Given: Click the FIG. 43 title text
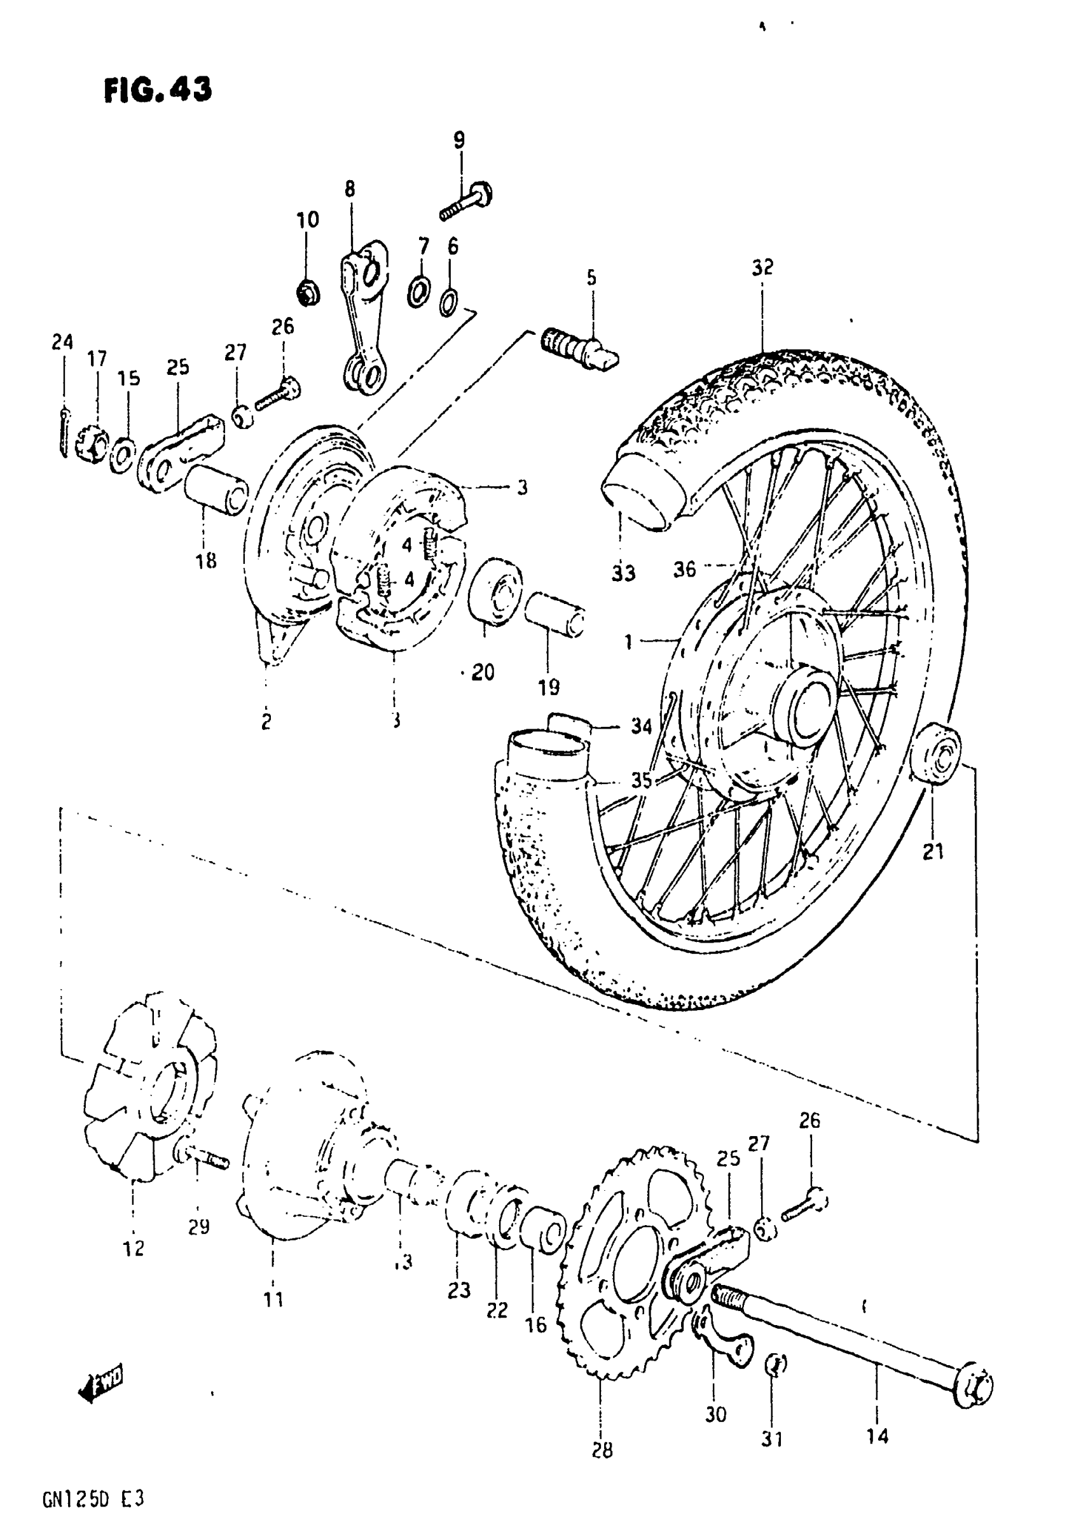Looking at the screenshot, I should (158, 90).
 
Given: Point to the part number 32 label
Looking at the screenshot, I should (762, 268).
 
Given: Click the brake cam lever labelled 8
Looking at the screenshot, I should (364, 314).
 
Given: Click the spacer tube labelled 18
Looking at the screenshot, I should (216, 491).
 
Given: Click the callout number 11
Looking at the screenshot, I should (273, 1300).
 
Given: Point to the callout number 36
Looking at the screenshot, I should (684, 570).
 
